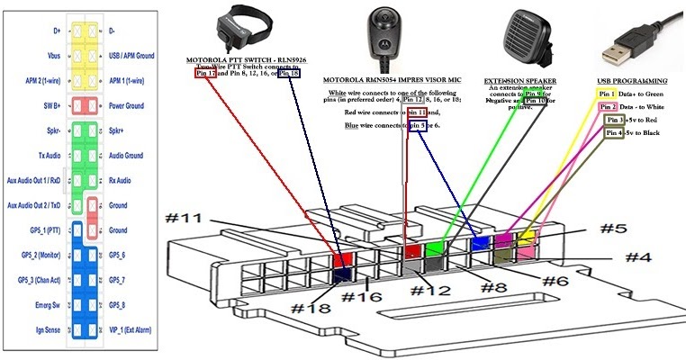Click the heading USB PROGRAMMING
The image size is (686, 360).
(632, 80)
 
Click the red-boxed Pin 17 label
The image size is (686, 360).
(205, 74)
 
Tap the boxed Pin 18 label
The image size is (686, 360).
(288, 74)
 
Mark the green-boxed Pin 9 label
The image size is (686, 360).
(534, 94)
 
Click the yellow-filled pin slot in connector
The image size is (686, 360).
(525, 238)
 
